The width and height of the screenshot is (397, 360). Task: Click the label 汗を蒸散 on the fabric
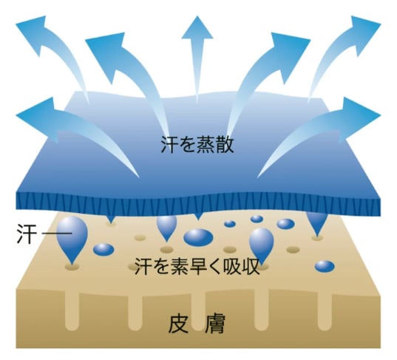tap(197, 146)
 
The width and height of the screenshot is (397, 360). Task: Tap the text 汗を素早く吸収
tap(197, 267)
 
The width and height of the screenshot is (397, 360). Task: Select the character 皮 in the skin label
tap(178, 324)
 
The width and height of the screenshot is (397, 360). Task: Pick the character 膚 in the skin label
tap(215, 324)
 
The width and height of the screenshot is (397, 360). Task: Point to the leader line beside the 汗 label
tap(56, 233)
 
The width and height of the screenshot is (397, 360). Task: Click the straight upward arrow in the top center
tap(197, 59)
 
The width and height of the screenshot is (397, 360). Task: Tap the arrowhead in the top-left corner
tap(33, 34)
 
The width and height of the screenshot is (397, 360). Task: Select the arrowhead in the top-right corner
tap(364, 34)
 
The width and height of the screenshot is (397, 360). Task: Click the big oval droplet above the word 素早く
tap(198, 237)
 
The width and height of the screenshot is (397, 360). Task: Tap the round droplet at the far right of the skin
tap(325, 266)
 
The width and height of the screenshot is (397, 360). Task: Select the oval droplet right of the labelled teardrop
tap(104, 249)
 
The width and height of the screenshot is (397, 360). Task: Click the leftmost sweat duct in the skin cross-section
tap(72, 311)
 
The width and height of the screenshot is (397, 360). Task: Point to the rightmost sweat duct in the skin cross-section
tap(325, 311)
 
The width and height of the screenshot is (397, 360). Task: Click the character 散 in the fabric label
tap(225, 146)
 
